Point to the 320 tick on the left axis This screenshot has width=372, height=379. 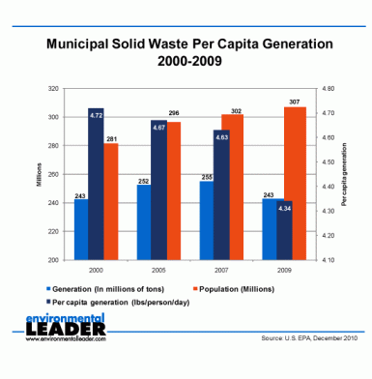pos(53,89)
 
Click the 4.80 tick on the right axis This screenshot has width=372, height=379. pos(328,89)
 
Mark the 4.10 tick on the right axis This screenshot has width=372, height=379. pos(328,261)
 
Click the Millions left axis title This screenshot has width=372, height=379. pos(39,174)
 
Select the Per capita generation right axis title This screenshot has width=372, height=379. pos(343,174)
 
